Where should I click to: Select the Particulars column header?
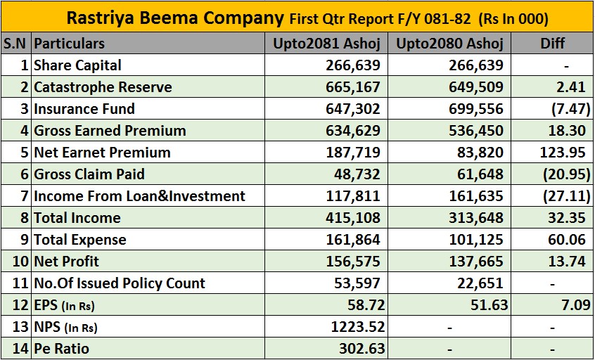click(69, 44)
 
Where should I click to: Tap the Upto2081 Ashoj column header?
click(326, 44)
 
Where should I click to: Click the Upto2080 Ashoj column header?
click(449, 44)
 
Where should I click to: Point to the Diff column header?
click(553, 44)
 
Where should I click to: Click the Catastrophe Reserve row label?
click(103, 87)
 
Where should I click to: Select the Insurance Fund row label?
click(84, 109)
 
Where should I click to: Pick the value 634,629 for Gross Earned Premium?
click(353, 131)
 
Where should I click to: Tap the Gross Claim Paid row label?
click(89, 174)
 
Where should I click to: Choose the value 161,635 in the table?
click(476, 196)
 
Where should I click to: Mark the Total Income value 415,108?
click(353, 218)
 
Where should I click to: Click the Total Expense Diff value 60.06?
click(567, 240)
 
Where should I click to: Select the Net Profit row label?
click(67, 262)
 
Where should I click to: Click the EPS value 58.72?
click(361, 305)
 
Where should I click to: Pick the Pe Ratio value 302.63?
click(357, 349)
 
